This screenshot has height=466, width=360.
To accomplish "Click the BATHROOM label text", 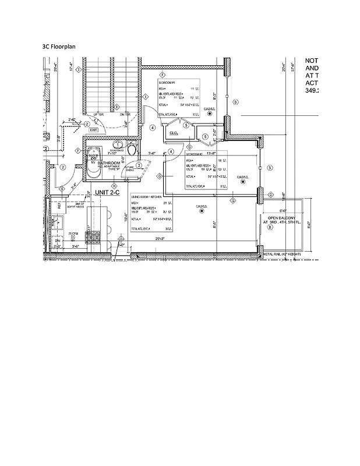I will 109,163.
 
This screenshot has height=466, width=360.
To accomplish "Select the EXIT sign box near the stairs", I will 93,130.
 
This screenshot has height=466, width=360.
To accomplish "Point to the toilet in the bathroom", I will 132,150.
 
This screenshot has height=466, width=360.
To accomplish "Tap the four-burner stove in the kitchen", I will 93,237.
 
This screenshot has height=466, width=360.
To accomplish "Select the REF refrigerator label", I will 59,206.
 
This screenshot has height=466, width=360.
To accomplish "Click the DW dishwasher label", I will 58,240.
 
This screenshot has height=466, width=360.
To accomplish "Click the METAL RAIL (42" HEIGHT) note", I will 282,255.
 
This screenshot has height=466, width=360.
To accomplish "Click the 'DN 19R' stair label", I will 125,115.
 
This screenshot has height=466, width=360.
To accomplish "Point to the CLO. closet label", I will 173,133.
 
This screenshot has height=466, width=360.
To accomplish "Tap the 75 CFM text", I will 73,233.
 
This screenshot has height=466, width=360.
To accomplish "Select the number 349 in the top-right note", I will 312,91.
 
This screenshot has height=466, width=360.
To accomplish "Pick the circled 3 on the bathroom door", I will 139,166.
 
